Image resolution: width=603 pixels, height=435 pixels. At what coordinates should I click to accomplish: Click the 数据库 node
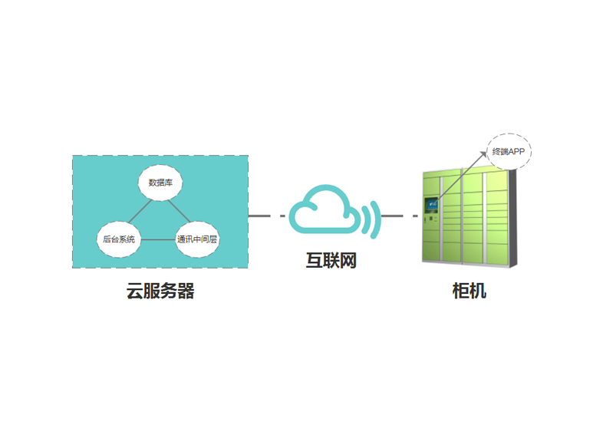point(160,183)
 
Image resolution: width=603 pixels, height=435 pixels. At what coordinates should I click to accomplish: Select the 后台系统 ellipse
point(119,239)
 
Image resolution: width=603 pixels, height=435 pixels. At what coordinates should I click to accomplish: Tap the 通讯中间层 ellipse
point(197,239)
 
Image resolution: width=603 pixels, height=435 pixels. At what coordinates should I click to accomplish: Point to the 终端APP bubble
point(509,152)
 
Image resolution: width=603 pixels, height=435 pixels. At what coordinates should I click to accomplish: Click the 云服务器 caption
point(160,292)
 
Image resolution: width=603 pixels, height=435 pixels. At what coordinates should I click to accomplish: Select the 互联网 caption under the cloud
point(331,261)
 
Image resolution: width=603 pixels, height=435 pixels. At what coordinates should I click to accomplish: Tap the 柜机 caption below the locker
point(469,292)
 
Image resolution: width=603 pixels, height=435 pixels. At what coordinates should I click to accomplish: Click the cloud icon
point(324,209)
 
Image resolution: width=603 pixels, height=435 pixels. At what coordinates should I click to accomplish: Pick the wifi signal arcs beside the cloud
point(373,216)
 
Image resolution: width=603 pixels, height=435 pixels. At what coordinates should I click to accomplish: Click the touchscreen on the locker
point(431,204)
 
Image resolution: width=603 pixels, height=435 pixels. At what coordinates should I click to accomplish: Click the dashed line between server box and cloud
point(268,216)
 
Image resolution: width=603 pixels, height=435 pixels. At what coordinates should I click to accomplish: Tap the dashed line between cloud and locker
point(399,216)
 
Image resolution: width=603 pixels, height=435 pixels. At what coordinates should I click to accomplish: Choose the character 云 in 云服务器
point(135,292)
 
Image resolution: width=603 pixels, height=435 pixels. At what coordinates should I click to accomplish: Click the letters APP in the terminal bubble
point(516,152)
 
